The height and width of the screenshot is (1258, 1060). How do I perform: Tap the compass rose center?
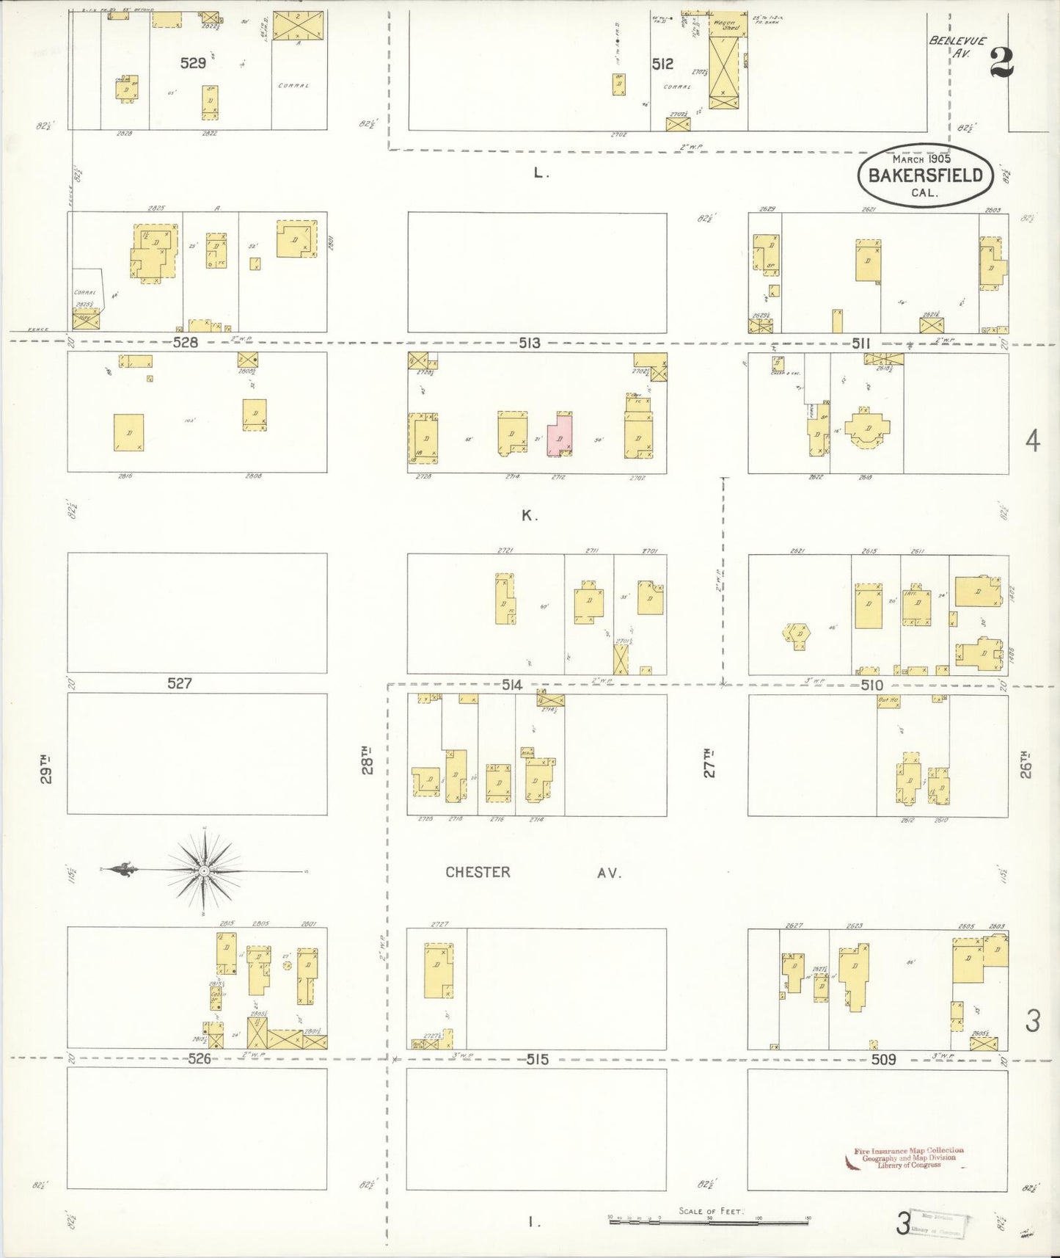point(205,870)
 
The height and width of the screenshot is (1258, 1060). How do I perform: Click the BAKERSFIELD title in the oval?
point(925,175)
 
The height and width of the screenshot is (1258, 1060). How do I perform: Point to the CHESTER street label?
point(478,872)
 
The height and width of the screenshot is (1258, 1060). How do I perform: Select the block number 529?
point(193,63)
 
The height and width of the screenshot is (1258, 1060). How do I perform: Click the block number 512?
point(662,65)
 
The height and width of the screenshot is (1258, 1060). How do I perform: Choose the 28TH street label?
point(367,760)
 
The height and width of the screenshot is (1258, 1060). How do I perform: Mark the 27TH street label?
point(709,763)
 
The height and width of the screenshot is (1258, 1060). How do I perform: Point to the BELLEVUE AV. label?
point(958,46)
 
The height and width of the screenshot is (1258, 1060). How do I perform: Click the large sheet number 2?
point(1001,62)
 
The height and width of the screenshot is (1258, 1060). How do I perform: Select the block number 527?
point(180,683)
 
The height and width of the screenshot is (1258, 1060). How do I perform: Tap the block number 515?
point(538,1059)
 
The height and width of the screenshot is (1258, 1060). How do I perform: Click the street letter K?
point(529,515)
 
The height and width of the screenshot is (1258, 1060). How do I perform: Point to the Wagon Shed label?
point(724,27)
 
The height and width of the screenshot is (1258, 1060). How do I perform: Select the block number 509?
point(883,1059)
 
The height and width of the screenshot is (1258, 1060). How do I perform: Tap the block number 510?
point(871,685)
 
